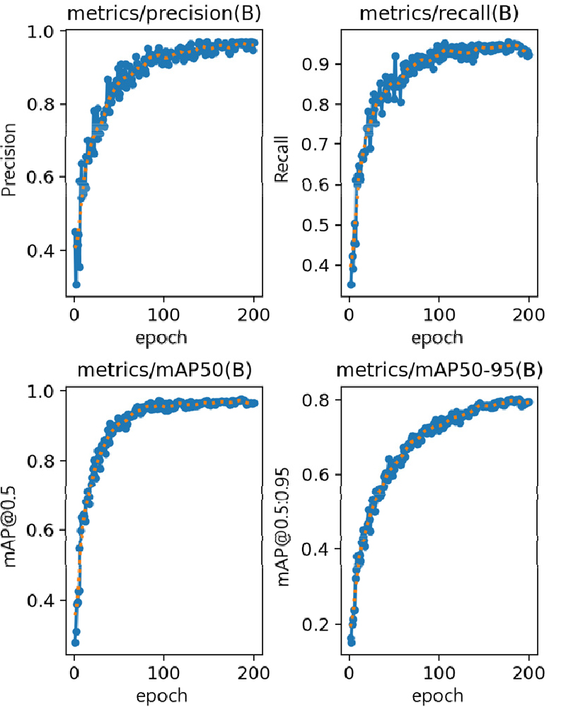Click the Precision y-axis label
[x=9, y=161]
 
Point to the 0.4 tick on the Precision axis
[x=42, y=251]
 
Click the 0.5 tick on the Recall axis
[x=316, y=225]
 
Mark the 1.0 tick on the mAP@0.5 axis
[x=42, y=391]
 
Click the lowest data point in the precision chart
[x=76, y=284]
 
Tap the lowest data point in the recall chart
[x=351, y=284]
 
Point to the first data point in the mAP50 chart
[x=75, y=643]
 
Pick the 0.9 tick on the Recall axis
[x=316, y=64]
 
